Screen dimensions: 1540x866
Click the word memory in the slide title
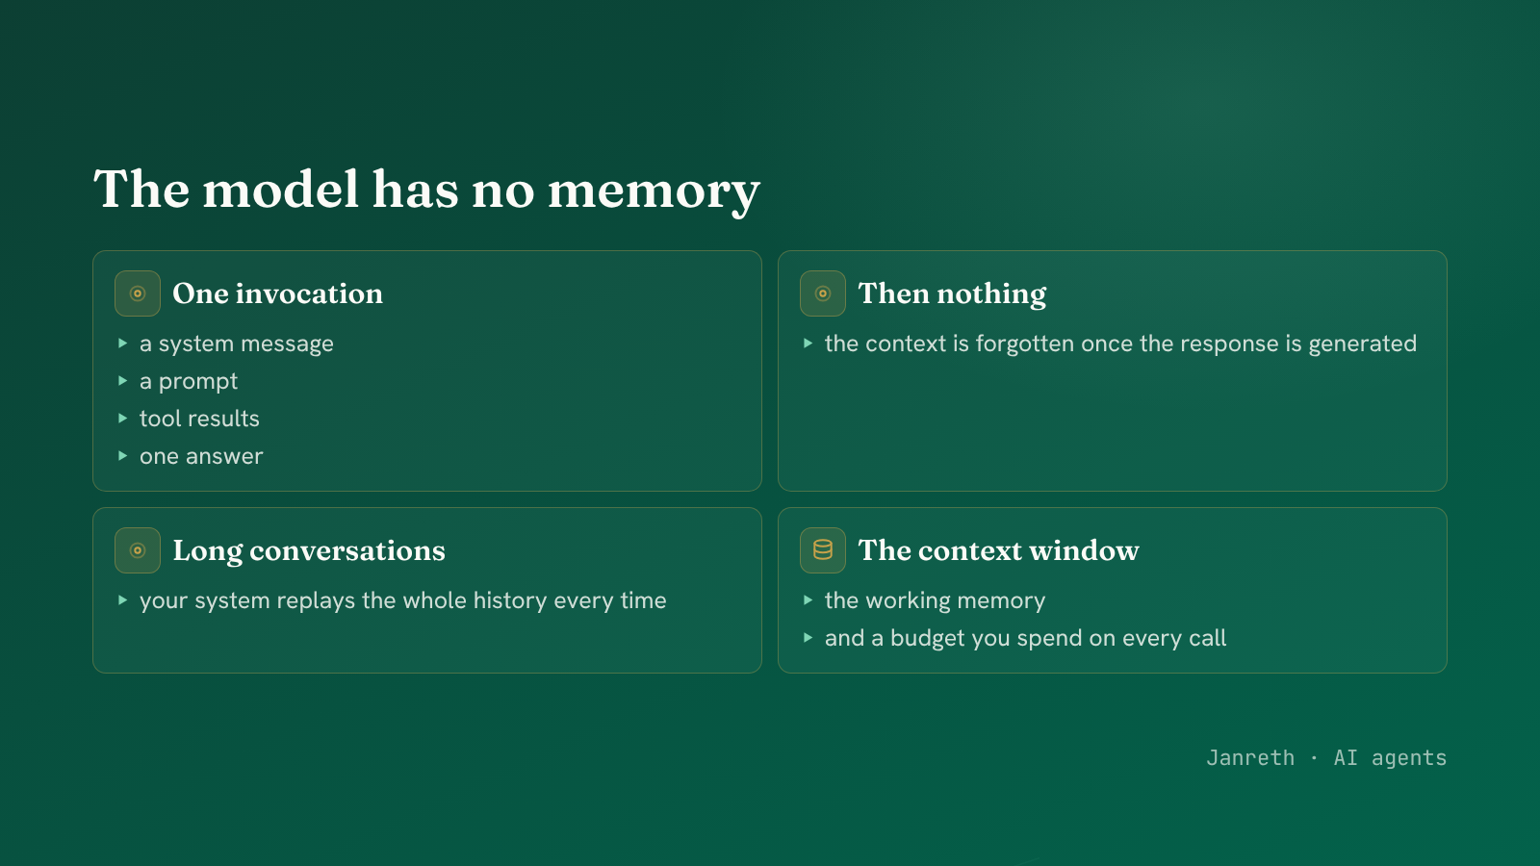click(654, 191)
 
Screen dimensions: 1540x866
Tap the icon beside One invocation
click(138, 293)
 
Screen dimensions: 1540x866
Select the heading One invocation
click(278, 293)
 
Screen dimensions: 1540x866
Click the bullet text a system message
click(237, 344)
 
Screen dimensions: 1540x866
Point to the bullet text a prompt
click(189, 381)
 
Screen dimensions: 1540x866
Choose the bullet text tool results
click(199, 419)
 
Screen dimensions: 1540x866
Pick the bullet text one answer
click(201, 456)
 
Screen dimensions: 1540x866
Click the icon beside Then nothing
click(823, 293)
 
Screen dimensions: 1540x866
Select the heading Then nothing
click(952, 293)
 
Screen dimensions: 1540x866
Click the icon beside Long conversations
click(138, 550)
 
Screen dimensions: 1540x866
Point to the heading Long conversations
click(309, 550)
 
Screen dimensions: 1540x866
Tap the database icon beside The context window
click(823, 550)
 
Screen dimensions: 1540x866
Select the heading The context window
click(998, 550)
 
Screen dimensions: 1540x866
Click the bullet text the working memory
click(935, 600)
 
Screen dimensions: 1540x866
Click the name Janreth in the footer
click(1250, 758)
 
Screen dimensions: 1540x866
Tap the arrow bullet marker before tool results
click(122, 418)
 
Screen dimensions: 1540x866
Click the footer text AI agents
click(1390, 758)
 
